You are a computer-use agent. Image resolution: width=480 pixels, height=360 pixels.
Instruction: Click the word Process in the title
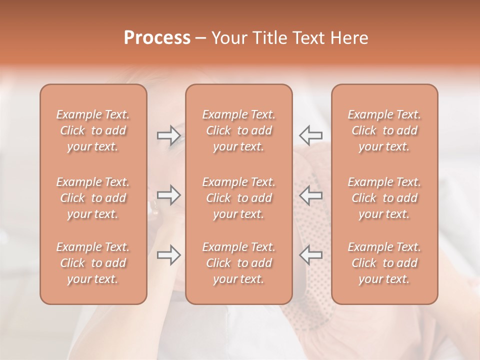tap(157, 37)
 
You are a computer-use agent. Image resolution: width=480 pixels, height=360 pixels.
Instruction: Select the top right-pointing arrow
tap(169, 135)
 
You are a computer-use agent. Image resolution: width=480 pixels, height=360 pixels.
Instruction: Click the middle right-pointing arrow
tap(169, 195)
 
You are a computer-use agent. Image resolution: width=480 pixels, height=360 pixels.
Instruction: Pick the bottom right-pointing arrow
tap(169, 255)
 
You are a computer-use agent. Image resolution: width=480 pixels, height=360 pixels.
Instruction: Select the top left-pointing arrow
tap(310, 135)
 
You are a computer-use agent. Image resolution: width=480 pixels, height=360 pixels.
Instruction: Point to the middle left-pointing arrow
tap(310, 195)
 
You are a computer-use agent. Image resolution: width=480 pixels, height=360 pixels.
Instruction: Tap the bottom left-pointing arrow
tap(310, 255)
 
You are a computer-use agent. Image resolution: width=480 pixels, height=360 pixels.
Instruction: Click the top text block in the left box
tap(93, 130)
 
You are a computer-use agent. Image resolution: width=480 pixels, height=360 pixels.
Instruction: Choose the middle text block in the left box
tap(93, 198)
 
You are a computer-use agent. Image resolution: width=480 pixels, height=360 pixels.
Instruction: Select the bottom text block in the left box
tap(93, 263)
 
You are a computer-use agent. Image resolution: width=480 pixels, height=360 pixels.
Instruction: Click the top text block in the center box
tap(239, 130)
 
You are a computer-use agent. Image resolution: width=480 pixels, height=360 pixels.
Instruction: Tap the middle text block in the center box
tap(239, 198)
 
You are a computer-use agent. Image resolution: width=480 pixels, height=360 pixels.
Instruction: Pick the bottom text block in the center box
tap(239, 263)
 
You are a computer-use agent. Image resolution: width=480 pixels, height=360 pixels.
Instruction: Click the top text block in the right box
tap(384, 130)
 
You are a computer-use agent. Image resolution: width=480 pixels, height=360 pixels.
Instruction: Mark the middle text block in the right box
tap(384, 198)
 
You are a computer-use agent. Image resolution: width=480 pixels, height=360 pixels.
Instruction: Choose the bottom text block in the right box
tap(384, 263)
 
